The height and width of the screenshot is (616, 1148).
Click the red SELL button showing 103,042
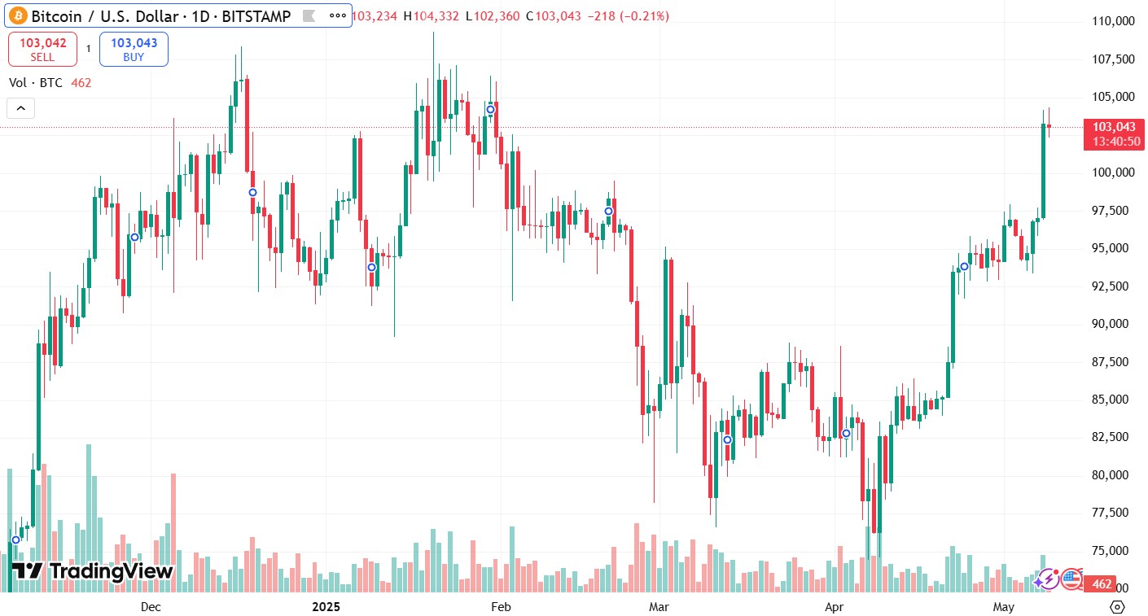click(42, 49)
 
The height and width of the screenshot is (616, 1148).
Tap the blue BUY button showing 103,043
click(134, 49)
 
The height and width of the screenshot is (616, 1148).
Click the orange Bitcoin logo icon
click(18, 15)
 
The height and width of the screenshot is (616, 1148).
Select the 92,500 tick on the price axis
click(1115, 286)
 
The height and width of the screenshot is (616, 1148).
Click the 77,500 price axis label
click(1115, 513)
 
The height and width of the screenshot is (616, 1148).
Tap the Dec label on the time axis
click(151, 607)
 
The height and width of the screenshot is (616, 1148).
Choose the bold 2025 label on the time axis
click(326, 607)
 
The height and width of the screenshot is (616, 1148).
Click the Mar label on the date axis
click(658, 607)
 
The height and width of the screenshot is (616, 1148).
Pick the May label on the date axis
click(1003, 607)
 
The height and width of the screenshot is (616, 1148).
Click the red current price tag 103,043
click(1114, 127)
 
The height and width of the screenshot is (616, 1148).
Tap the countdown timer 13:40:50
click(1114, 142)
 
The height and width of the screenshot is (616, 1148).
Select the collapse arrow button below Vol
click(20, 107)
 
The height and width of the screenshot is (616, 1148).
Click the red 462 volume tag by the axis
click(1102, 584)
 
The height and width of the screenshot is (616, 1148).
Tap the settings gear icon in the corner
click(1117, 607)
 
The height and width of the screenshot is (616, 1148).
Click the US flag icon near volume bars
click(1071, 579)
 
